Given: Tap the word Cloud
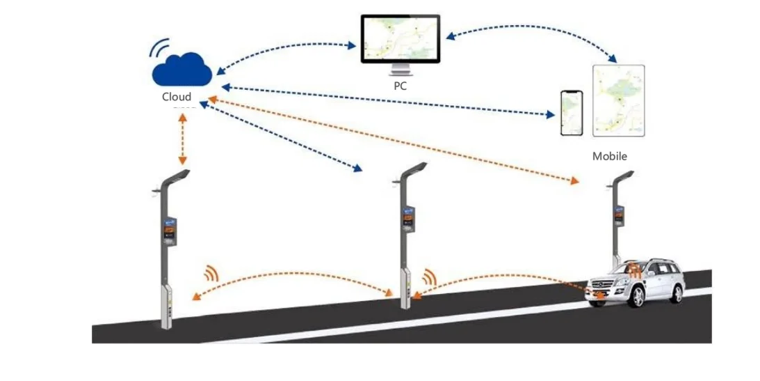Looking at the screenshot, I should point(176,97).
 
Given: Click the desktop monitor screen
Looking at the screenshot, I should point(401,39).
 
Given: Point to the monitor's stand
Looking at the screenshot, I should point(401,70).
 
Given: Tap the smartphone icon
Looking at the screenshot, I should point(571,114).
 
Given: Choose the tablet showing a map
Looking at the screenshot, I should point(618,100).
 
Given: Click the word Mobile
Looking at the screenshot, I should point(609,156).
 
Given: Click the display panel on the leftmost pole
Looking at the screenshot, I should point(170,231).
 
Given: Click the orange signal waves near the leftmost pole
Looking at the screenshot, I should point(210,272).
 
